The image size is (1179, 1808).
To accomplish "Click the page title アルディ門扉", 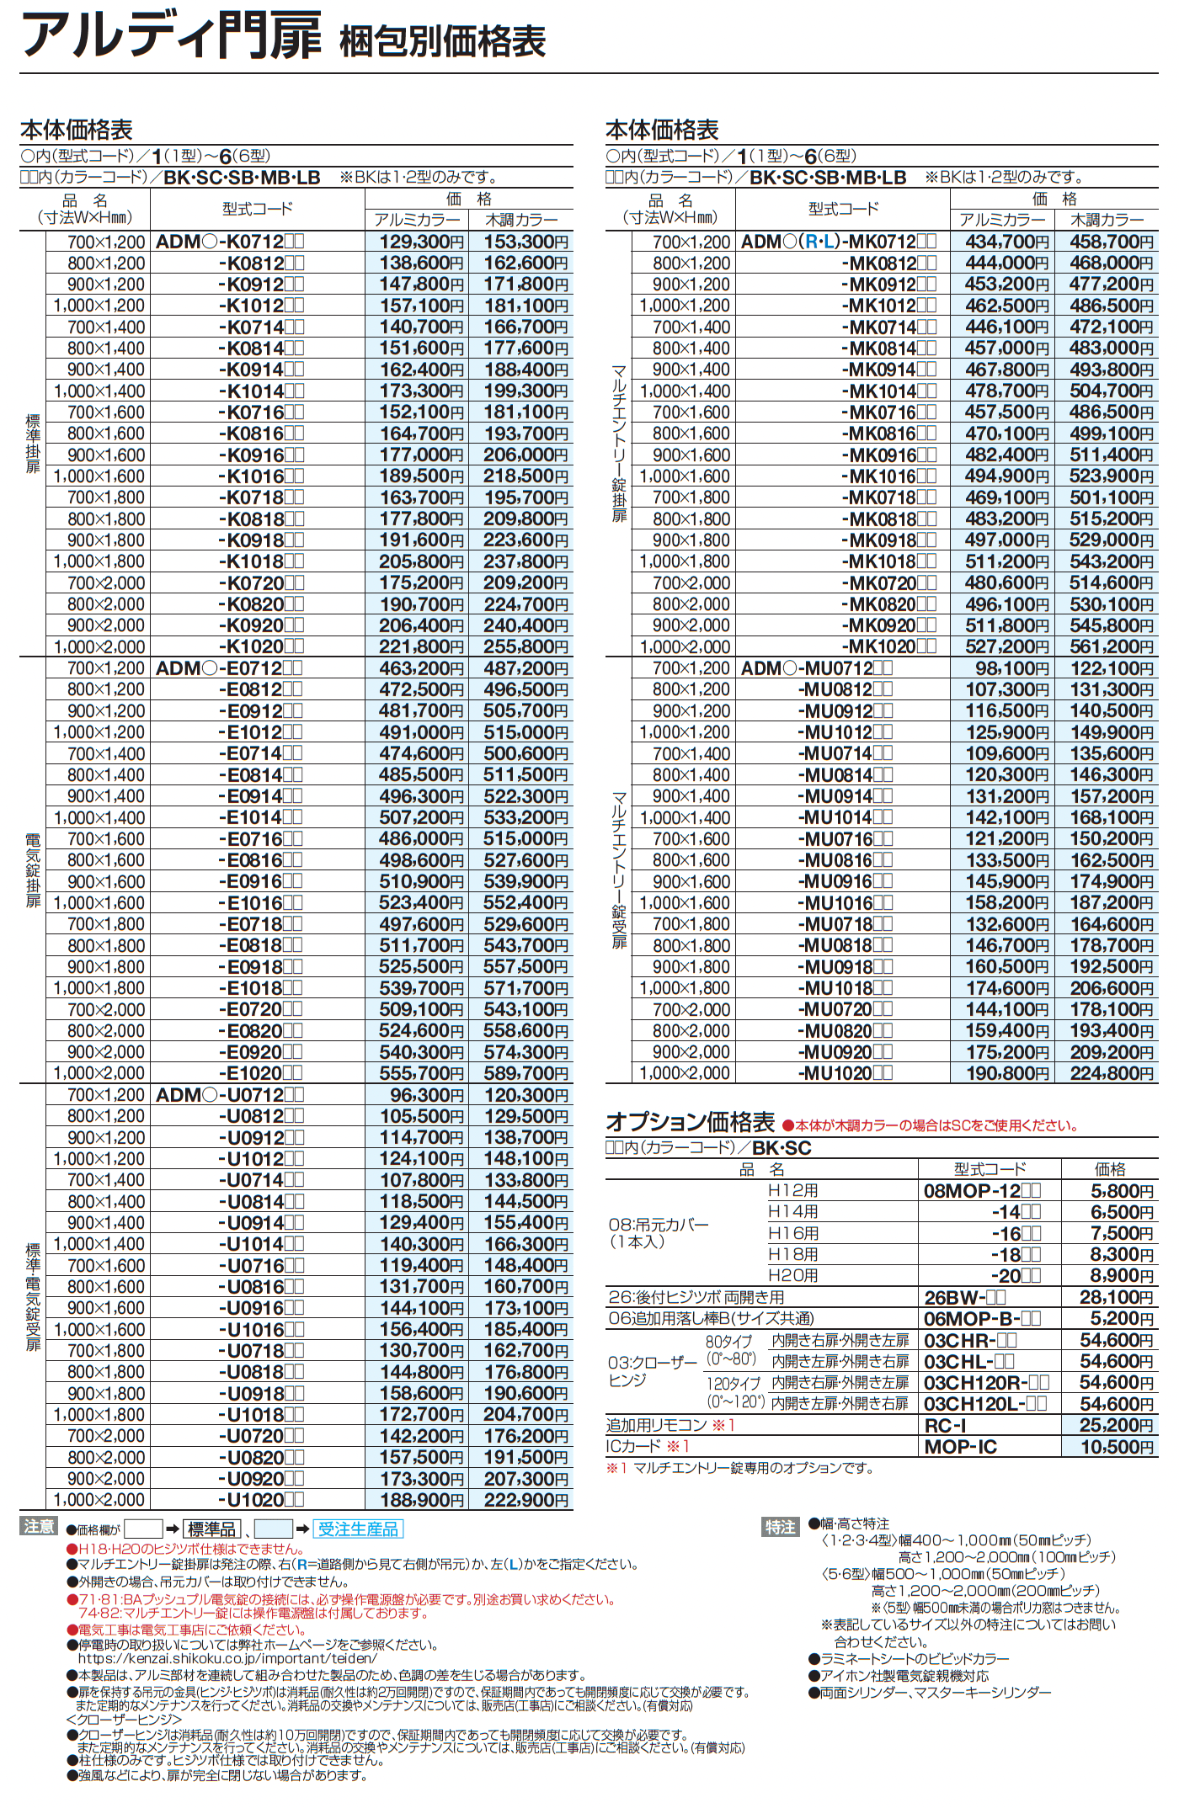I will coord(172,37).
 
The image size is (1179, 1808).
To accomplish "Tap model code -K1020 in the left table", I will coord(260,647).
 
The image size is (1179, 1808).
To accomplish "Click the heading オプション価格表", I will coord(690,1122).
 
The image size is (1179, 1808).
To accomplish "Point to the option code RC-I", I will coord(945,1425).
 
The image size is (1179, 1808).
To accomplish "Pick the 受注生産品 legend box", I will coord(358,1529).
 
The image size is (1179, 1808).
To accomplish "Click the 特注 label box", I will coord(780,1527).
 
